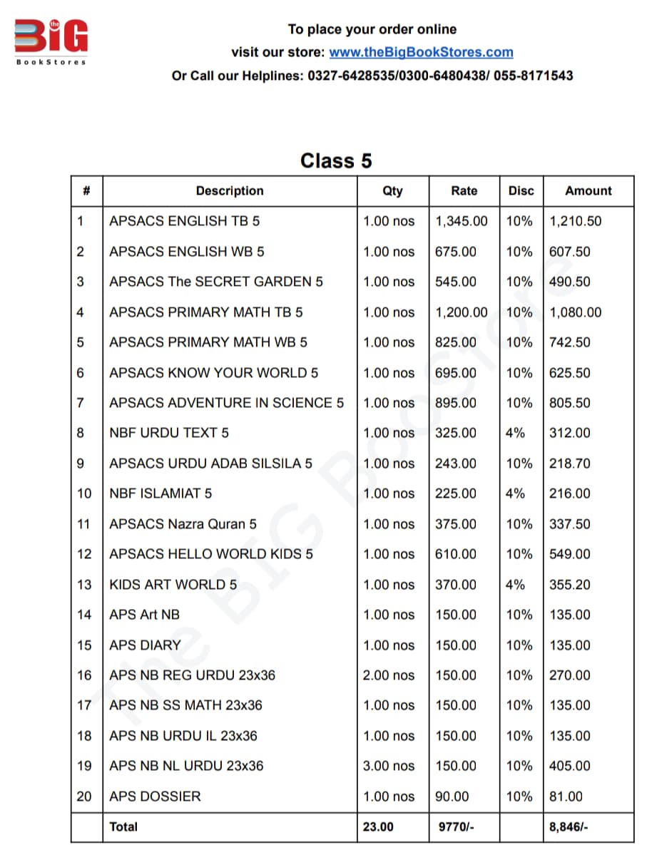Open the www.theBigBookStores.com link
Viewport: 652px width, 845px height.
point(421,52)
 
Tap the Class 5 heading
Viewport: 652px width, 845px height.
point(336,160)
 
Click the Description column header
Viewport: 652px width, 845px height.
point(230,191)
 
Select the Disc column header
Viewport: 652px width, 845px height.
point(521,191)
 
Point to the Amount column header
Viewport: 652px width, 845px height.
point(588,191)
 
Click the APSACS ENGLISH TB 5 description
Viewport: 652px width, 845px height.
point(184,221)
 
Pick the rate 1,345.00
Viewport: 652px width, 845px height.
point(462,221)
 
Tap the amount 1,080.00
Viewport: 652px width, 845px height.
point(575,312)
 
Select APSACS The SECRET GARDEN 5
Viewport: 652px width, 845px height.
point(215,282)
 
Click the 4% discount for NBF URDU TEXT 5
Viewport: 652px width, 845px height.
point(515,433)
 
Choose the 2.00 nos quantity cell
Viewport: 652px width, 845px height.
point(388,675)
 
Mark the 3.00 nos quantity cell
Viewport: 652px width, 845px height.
point(388,766)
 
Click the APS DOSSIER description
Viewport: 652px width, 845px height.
point(155,797)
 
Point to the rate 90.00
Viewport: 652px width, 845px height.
point(452,797)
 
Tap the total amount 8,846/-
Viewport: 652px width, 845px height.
point(569,827)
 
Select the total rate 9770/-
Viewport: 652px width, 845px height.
point(456,827)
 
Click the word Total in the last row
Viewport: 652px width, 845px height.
point(123,827)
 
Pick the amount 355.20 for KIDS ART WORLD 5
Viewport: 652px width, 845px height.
point(569,585)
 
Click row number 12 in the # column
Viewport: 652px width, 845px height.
point(85,554)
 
